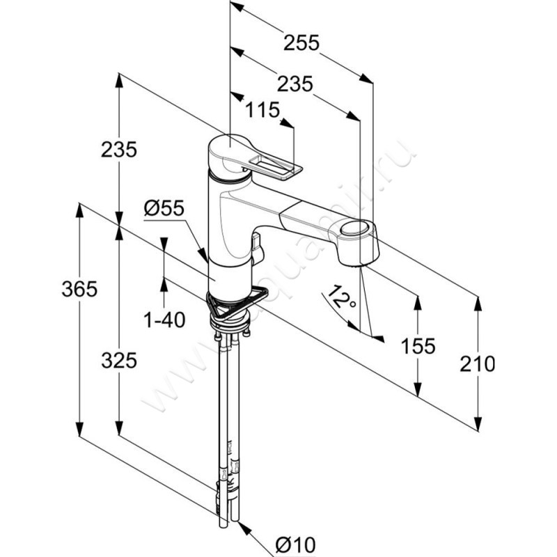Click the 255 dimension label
301,43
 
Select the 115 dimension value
262,110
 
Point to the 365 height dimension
79,289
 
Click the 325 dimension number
118,361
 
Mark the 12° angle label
340,298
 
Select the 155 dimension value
418,346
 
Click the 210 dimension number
478,363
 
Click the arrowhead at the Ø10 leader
244,528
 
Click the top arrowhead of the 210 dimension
478,301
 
